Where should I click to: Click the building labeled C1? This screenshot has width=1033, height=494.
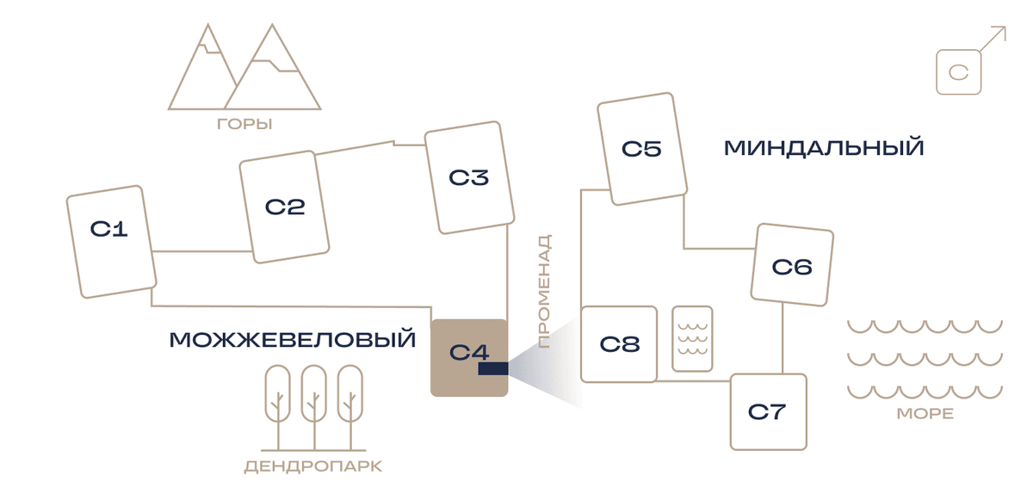tap(112, 242)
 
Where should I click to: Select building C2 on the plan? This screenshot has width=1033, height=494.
tap(284, 207)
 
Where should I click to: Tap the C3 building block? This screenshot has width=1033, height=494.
tap(469, 177)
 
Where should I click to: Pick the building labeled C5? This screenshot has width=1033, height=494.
tap(642, 149)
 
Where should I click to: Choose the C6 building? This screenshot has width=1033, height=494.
tap(792, 265)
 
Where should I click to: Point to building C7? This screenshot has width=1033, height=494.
tap(768, 412)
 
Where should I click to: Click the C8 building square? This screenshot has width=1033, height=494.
tap(619, 344)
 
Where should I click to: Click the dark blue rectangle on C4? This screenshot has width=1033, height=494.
tap(493, 368)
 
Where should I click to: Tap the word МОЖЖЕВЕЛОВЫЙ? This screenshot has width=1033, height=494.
tap(293, 340)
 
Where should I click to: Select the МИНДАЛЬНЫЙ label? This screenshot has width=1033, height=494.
tap(824, 148)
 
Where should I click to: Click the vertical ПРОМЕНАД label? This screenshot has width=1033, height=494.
tap(545, 291)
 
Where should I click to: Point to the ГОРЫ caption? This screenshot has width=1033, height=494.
tap(244, 124)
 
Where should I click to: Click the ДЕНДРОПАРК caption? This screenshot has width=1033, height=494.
tap(313, 466)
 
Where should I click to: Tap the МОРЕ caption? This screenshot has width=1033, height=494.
tap(925, 414)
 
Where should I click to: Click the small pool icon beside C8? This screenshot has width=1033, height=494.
tap(692, 338)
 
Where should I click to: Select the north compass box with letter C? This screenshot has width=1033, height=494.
tap(958, 72)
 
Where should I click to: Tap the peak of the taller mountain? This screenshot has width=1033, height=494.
tap(272, 25)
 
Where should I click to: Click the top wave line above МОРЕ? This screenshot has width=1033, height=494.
tap(925, 326)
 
